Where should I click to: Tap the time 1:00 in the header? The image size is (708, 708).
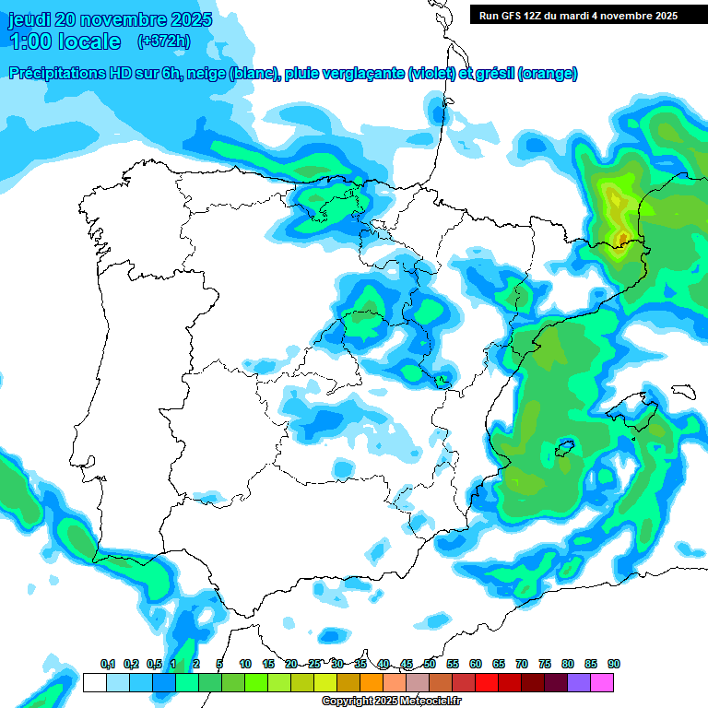pos(31,41)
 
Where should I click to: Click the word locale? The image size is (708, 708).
pos(89,41)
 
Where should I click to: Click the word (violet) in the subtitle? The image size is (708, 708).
pos(432,74)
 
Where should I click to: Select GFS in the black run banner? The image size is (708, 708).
pos(517,16)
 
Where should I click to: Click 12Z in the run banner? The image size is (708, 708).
pos(542,16)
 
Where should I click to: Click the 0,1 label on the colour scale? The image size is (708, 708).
pos(108,664)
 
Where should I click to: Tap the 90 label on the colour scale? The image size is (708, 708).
pos(614,664)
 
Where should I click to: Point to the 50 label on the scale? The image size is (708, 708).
pos(430,664)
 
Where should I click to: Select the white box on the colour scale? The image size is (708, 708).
pos(94,682)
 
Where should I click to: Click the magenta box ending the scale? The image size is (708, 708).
pos(602,682)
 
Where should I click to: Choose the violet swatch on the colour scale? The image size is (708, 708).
pos(579,682)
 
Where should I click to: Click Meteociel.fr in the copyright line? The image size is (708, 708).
pos(431,702)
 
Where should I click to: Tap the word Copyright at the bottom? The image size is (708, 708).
pos(348,702)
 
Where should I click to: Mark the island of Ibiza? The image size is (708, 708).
pos(564,449)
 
